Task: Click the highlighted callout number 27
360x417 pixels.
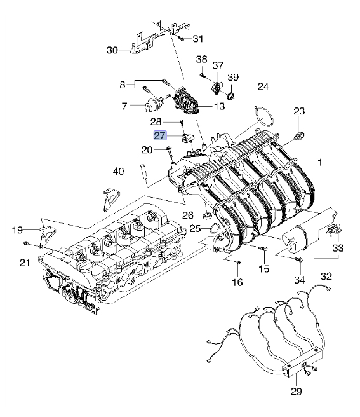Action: (160, 135)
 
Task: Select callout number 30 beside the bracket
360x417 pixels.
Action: (112, 50)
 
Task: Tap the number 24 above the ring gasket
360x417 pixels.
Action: (263, 86)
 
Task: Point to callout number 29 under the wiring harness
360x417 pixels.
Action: (297, 392)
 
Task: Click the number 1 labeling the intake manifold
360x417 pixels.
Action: (320, 162)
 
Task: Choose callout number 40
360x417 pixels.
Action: (118, 171)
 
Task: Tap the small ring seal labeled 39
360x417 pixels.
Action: (231, 96)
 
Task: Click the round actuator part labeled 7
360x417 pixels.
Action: (150, 105)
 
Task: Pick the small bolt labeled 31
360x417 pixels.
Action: (182, 38)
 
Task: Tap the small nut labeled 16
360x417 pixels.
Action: (238, 263)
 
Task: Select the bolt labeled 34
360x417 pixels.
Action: (299, 259)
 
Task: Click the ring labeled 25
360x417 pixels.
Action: (215, 229)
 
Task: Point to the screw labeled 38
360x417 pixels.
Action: (203, 76)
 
